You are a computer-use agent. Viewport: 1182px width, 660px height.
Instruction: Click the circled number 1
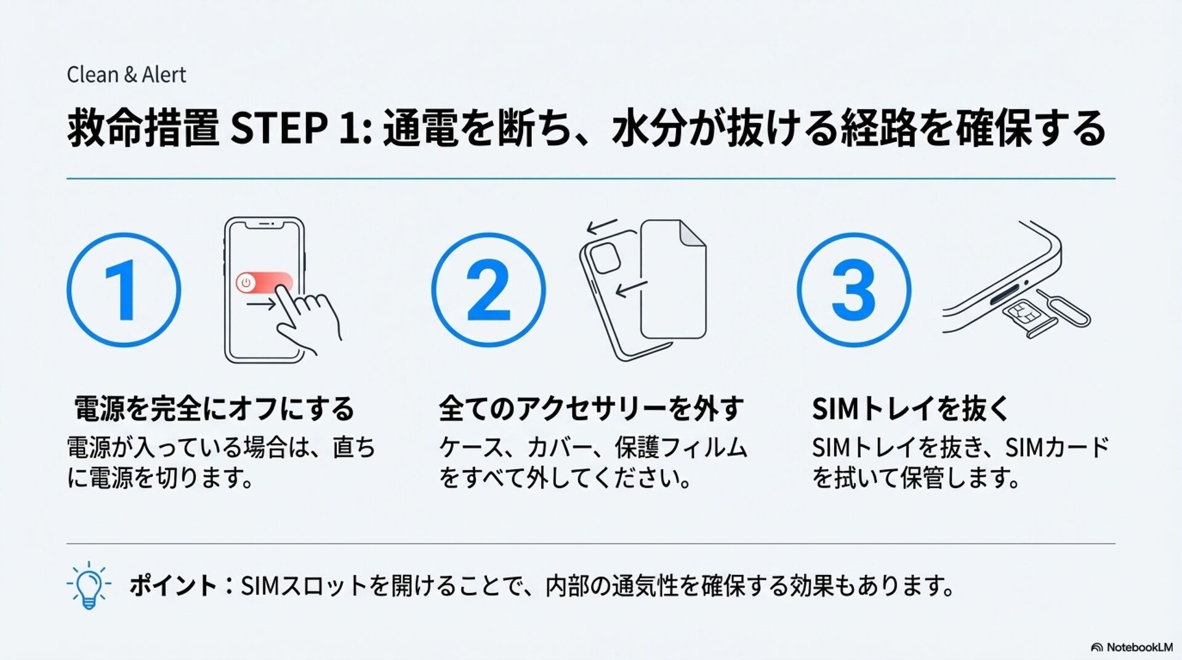pos(124,289)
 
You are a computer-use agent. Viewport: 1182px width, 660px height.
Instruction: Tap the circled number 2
pos(488,289)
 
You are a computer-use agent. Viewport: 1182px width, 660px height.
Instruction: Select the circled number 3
pos(853,289)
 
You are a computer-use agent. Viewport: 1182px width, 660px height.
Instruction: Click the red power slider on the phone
pos(264,283)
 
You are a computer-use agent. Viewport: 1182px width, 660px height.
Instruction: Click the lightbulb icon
pos(89,585)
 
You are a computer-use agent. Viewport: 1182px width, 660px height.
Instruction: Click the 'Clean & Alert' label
pos(126,74)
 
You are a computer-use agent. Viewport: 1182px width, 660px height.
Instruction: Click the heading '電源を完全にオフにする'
pos(214,409)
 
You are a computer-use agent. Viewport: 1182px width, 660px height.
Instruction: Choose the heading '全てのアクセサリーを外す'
pos(591,409)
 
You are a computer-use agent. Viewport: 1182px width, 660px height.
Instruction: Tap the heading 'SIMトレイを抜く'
pos(910,409)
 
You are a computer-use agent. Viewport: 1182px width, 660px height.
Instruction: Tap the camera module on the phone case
pos(605,258)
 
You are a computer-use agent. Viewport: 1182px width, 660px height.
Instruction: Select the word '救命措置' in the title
pos(143,128)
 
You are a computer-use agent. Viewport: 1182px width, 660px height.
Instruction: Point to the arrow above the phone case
pos(601,226)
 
